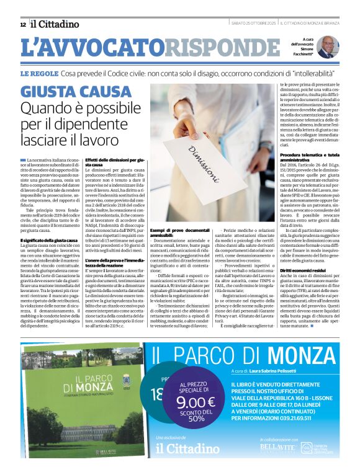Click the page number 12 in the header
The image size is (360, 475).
(23, 25)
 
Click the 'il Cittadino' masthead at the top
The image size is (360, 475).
(55, 24)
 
